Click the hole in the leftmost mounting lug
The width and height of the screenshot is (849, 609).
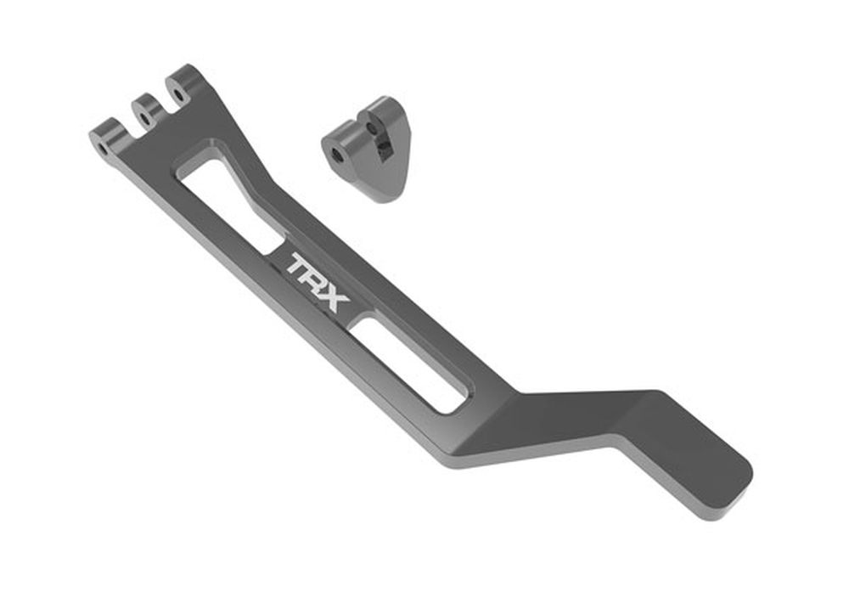[104, 149]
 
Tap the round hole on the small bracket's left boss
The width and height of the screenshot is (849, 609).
[337, 155]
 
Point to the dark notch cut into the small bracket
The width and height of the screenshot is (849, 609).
[385, 150]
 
